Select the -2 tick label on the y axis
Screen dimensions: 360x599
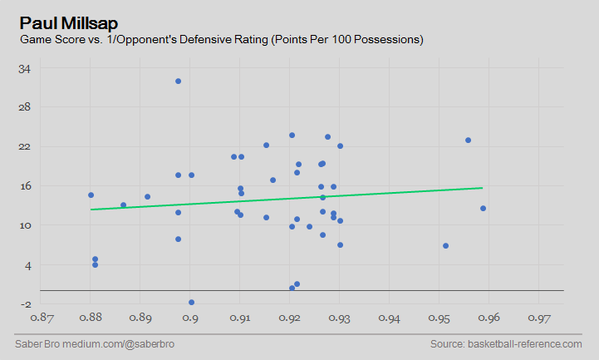pos(25,303)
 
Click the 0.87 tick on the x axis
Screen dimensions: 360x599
pos(42,318)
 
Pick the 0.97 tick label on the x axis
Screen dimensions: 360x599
pos(539,318)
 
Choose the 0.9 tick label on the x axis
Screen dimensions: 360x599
pos(190,318)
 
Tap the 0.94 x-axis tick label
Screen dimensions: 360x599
pos(390,318)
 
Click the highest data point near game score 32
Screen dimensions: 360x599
pos(178,81)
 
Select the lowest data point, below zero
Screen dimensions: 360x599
pos(191,303)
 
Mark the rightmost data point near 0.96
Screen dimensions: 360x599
pos(483,209)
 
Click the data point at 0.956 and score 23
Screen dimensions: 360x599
pos(468,141)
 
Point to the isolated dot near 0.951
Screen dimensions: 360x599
pos(445,246)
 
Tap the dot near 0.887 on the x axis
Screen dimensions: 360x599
pos(123,205)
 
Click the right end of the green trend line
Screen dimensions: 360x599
pos(482,188)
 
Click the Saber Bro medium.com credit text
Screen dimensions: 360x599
pos(95,344)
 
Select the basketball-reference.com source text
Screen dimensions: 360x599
pos(506,344)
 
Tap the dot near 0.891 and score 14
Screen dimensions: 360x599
pos(147,197)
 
